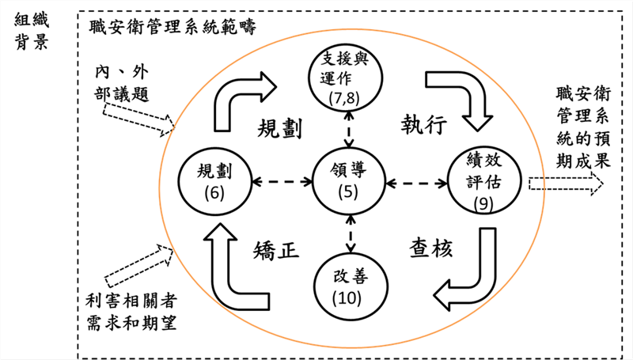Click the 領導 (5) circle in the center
coord(348,180)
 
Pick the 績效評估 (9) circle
coord(483,180)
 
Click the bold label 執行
coord(419,125)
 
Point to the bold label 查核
coord(431,248)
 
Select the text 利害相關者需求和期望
coord(131,313)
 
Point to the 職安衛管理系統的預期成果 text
coord(582,127)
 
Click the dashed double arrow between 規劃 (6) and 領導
coord(282,181)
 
